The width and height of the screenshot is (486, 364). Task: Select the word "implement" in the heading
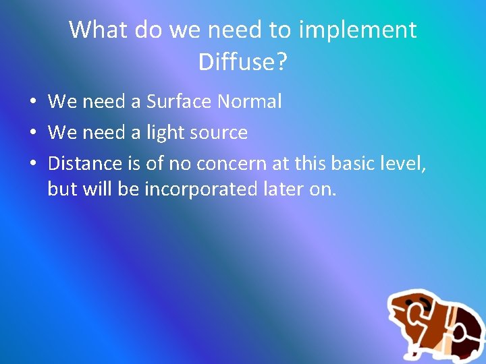point(358,30)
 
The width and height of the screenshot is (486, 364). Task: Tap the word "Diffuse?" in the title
point(243,62)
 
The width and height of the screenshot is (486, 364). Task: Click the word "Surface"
point(179,102)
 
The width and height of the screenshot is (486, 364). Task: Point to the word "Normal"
point(249,102)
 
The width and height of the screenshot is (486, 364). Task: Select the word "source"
point(219,133)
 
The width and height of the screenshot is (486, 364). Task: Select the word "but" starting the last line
point(63,189)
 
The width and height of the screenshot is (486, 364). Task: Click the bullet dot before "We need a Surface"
point(32,102)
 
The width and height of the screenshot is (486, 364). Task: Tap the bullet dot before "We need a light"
point(32,133)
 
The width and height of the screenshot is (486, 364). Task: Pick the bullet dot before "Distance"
point(32,164)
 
